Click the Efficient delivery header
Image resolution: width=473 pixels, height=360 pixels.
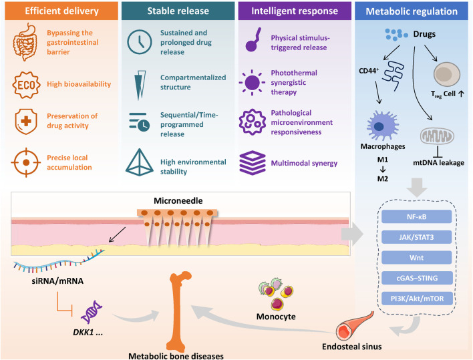[x=61, y=11]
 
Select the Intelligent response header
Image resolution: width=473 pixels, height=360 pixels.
[x=295, y=11]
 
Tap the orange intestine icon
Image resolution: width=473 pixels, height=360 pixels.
[x=25, y=42]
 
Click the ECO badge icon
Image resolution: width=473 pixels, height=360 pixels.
[x=26, y=85]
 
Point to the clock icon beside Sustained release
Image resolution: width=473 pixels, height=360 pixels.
[x=140, y=42]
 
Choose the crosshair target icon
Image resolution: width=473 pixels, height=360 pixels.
[x=26, y=162]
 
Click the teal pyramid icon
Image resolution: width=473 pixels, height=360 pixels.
[x=140, y=162]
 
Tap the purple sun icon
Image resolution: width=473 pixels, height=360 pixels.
[x=252, y=82]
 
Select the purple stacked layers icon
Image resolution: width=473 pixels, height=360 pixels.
[x=253, y=163]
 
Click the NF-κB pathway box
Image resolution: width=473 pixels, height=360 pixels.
[x=417, y=216]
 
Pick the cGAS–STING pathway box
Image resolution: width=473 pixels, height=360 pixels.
[x=417, y=278]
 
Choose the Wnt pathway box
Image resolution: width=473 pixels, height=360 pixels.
[x=417, y=258]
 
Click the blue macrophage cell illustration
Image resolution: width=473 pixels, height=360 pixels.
[x=383, y=126]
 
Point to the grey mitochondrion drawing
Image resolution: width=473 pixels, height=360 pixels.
[x=437, y=136]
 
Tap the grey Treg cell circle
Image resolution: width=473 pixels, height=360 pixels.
[x=447, y=75]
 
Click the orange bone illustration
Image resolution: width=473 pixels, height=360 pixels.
[x=178, y=311]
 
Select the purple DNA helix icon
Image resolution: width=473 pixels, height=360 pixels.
[x=92, y=312]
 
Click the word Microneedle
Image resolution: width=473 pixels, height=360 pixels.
[x=178, y=200]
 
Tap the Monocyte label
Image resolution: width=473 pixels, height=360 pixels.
[x=276, y=317]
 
